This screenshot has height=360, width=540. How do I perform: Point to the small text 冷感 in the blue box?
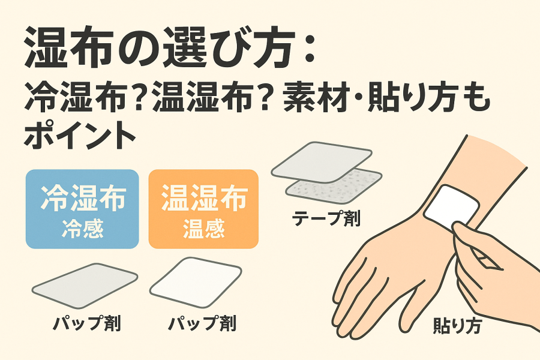pyautogui.click(x=83, y=228)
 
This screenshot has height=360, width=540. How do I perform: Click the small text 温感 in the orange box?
pyautogui.click(x=204, y=228)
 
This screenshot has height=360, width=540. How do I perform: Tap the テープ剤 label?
pyautogui.click(x=326, y=218)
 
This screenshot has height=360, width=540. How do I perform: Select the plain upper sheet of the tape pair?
pyautogui.click(x=322, y=161)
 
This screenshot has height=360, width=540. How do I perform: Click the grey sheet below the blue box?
pyautogui.click(x=85, y=286)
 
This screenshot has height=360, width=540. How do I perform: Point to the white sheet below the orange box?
pyautogui.click(x=196, y=282)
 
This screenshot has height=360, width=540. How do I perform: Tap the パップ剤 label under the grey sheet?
pyautogui.click(x=87, y=323)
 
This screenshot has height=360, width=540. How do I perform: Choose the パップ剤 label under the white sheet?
pyautogui.click(x=203, y=323)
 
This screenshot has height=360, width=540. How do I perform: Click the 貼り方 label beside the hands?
pyautogui.click(x=457, y=325)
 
